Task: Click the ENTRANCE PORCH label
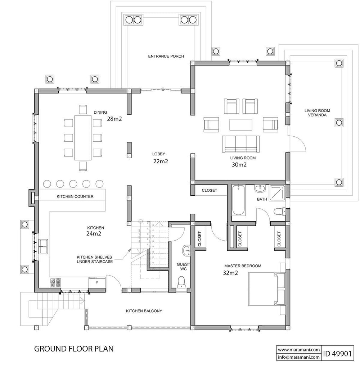point(166,56)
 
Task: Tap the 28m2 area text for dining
point(115,119)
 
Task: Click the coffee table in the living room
point(241,124)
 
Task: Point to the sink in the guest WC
point(186,250)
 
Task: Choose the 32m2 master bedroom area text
point(231,273)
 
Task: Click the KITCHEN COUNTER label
point(75,197)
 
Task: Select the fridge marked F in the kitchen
point(96,282)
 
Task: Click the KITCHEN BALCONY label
point(144,311)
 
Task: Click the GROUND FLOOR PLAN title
point(74,349)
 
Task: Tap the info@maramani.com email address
point(298,357)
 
